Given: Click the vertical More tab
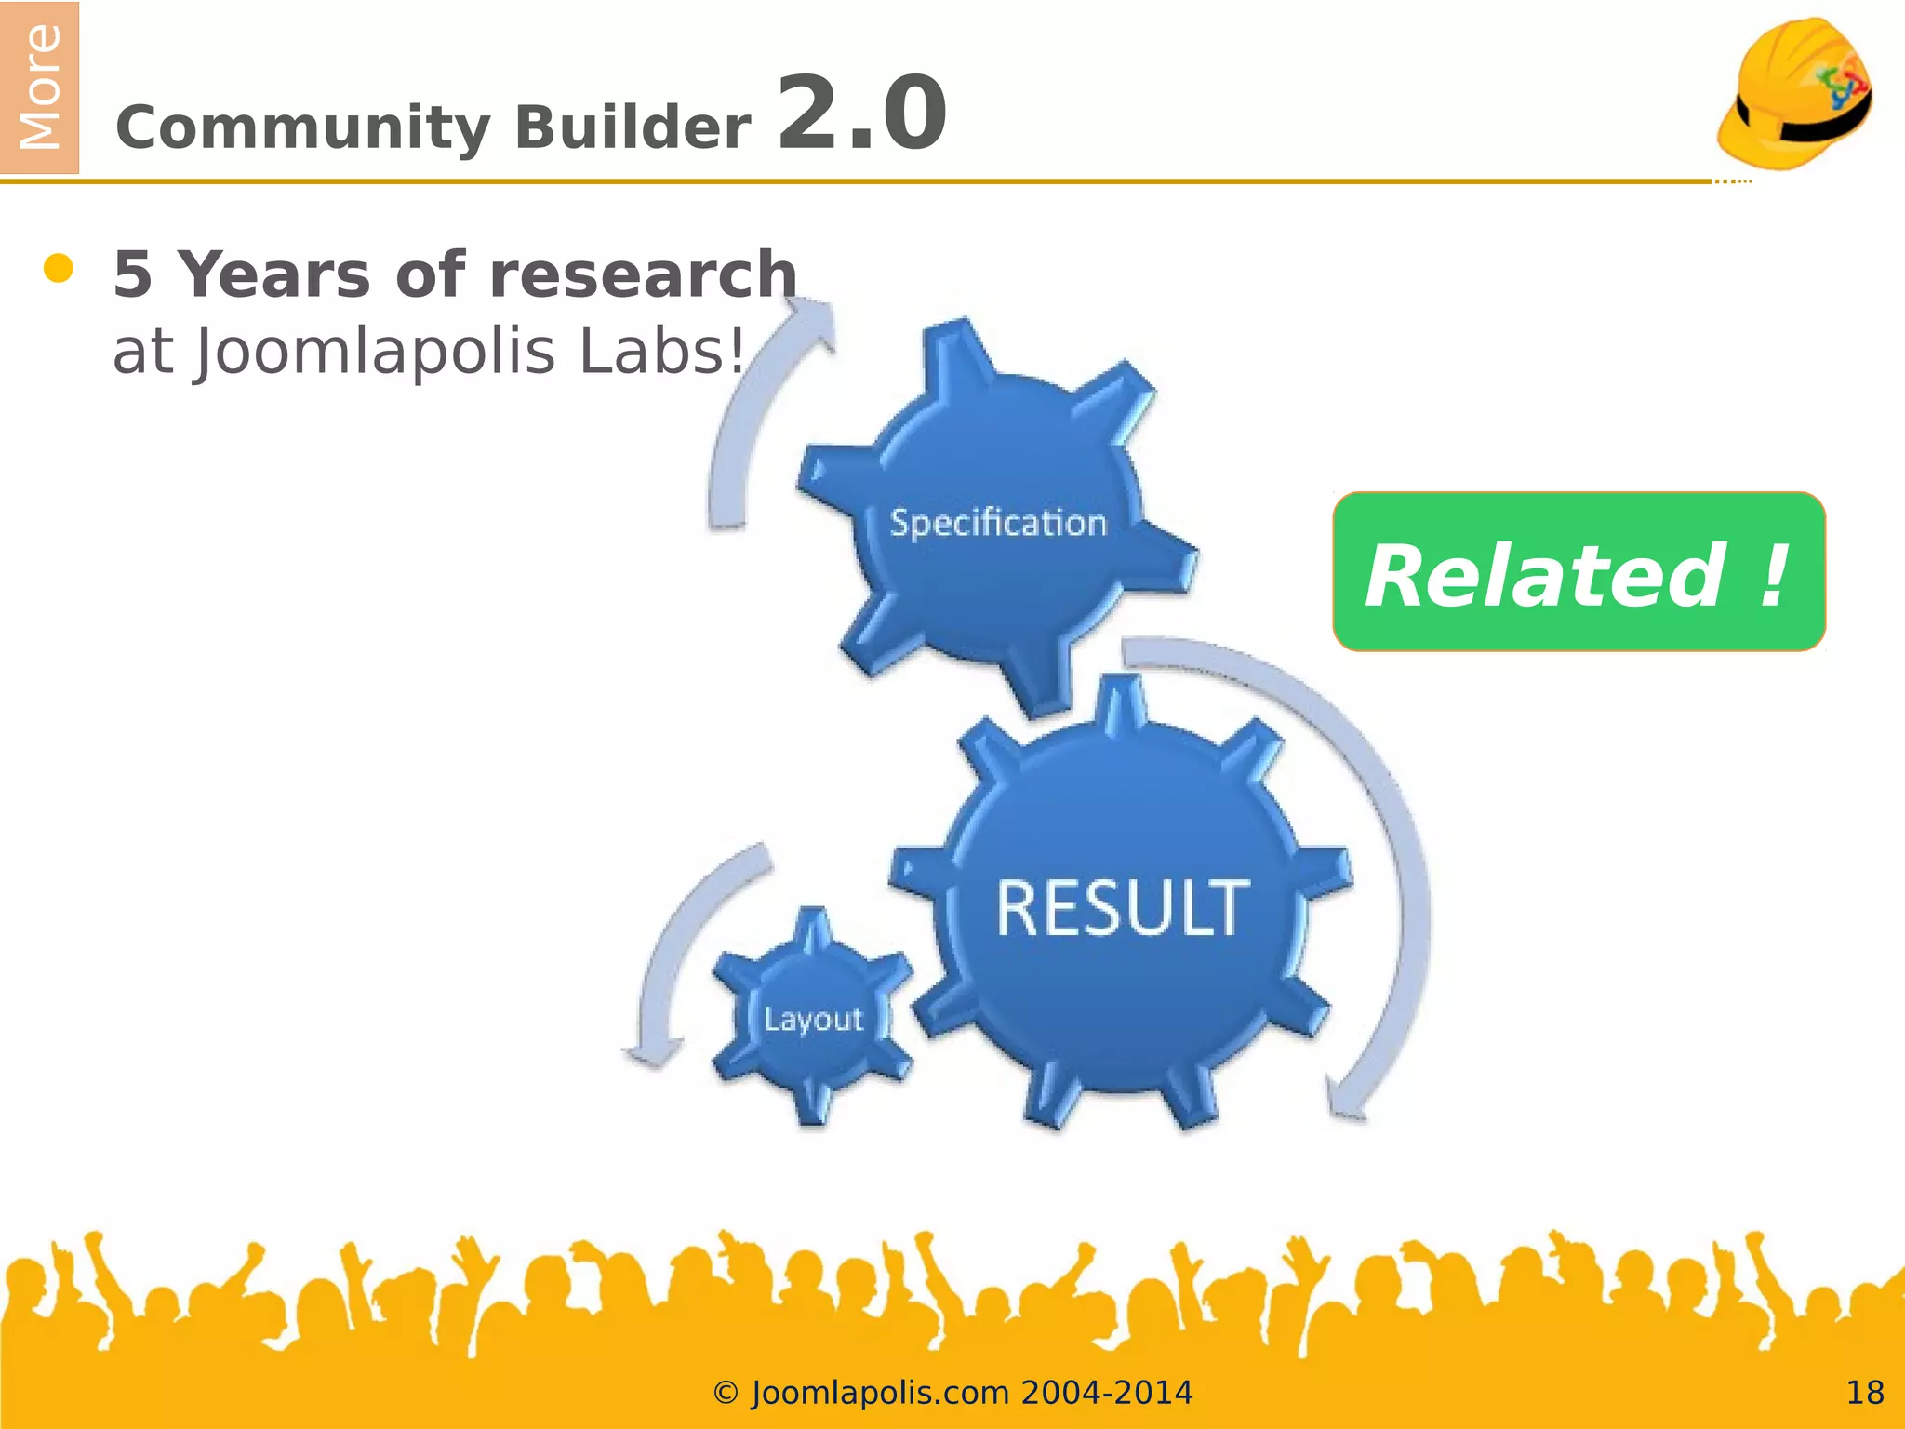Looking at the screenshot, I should pyautogui.click(x=39, y=87).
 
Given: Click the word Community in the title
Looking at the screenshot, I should pyautogui.click(x=301, y=128).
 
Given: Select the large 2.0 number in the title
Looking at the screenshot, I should pyautogui.click(x=861, y=114).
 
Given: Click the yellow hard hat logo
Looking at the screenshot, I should pyautogui.click(x=1794, y=93).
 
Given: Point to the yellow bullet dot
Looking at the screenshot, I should pyautogui.click(x=59, y=269).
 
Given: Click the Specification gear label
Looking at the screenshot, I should pyautogui.click(x=998, y=523).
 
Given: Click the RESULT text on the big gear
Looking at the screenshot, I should pyautogui.click(x=1123, y=908).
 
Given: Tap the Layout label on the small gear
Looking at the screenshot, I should pyautogui.click(x=814, y=1019).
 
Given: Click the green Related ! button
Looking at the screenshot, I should pyautogui.click(x=1579, y=572).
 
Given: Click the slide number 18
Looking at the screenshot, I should pyautogui.click(x=1864, y=1393).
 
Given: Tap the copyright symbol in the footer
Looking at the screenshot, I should pyautogui.click(x=726, y=1393).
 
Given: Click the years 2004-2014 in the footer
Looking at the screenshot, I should pyautogui.click(x=1106, y=1393).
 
